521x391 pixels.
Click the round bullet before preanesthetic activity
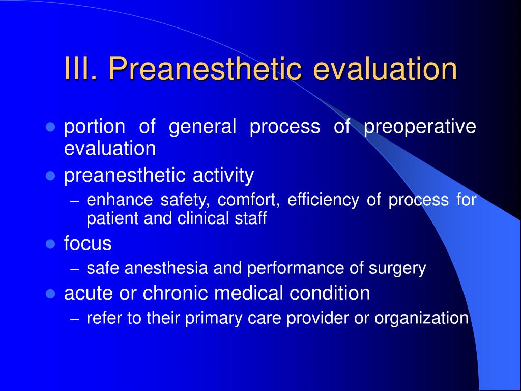point(50,176)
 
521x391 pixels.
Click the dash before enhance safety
point(75,201)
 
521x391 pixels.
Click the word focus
point(88,243)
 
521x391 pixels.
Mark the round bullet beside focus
point(50,244)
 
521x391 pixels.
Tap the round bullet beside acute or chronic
point(50,294)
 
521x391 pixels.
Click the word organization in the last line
point(421,318)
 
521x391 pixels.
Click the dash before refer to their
point(75,319)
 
